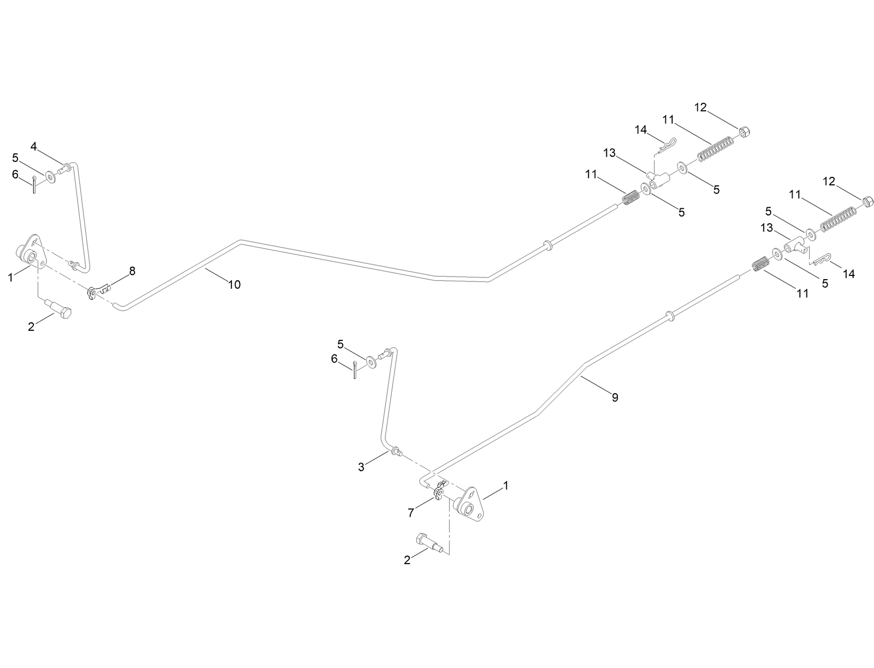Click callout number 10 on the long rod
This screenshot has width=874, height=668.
pos(234,284)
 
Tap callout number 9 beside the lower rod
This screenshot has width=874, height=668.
pos(615,397)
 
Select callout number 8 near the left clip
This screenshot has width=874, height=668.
pos(132,271)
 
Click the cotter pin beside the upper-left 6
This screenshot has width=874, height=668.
pos(34,183)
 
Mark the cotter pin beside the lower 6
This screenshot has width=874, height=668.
pos(354,368)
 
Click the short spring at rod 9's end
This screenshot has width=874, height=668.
pos(761,264)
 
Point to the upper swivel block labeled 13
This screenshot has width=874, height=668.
pos(658,182)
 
